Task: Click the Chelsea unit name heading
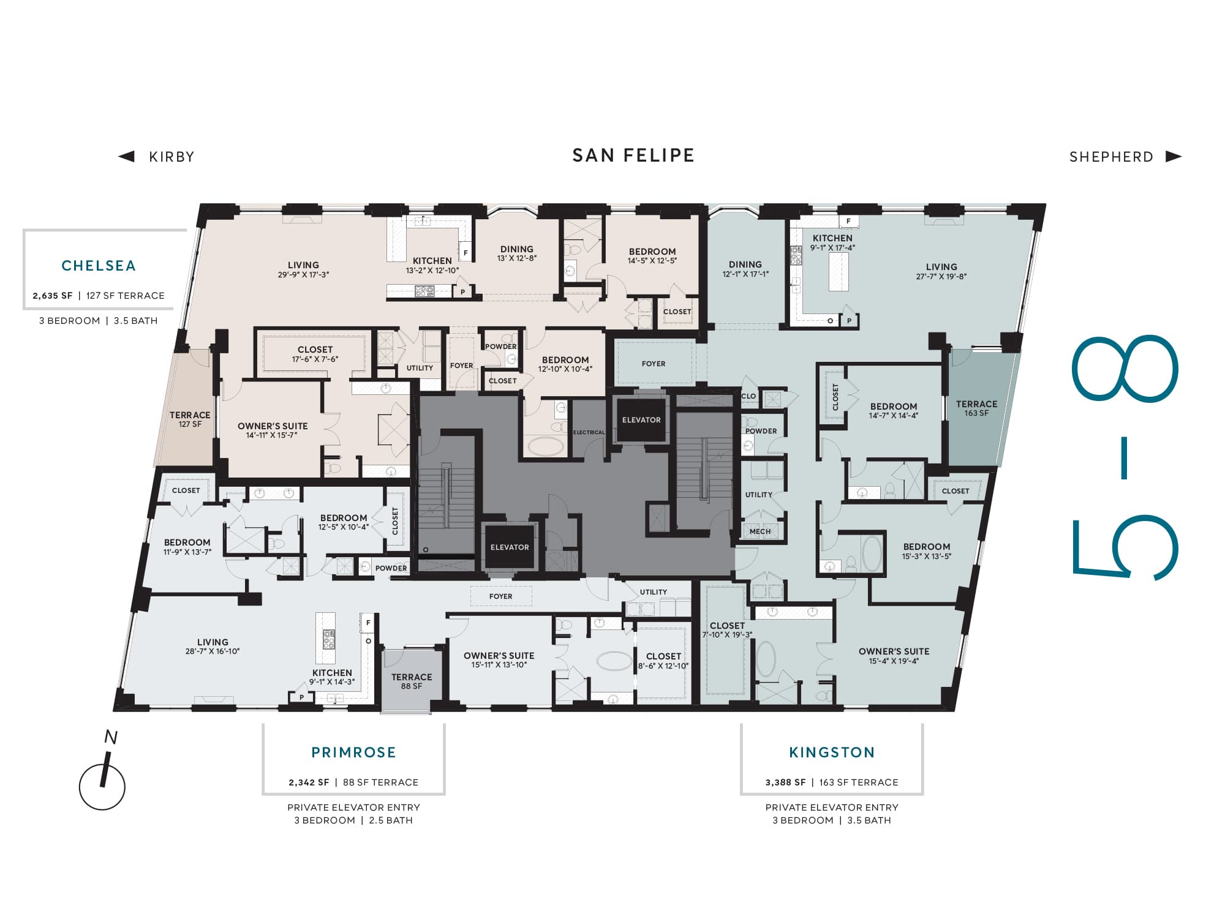[99, 266]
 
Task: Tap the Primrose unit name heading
[353, 752]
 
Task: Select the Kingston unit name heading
[832, 752]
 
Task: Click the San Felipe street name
[633, 156]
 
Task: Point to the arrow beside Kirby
[126, 156]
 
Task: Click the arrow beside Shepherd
[1174, 156]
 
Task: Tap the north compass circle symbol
[102, 787]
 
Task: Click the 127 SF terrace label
[190, 419]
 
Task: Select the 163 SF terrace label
[976, 408]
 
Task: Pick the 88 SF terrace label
[412, 681]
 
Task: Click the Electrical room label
[589, 432]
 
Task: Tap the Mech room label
[760, 531]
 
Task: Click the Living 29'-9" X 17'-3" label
[303, 270]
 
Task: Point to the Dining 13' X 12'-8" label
[517, 253]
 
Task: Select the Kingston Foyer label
[654, 364]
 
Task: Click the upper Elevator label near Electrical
[641, 420]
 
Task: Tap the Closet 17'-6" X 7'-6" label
[315, 354]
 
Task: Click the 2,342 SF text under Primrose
[309, 782]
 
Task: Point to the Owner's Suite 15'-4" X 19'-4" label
[894, 656]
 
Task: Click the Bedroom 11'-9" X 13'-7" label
[187, 547]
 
